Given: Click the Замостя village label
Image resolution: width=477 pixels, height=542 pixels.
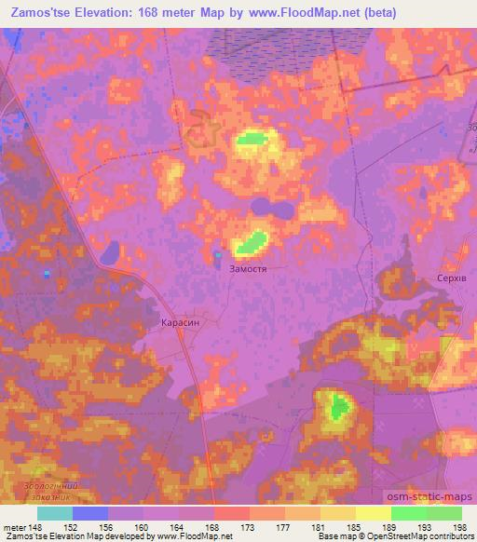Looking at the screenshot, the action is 249,267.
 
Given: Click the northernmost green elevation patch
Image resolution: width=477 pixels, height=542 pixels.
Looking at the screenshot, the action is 252,140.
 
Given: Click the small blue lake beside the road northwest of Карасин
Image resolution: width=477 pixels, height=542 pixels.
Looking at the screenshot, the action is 110,252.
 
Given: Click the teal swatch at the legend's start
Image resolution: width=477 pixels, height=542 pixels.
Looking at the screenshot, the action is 55,512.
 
